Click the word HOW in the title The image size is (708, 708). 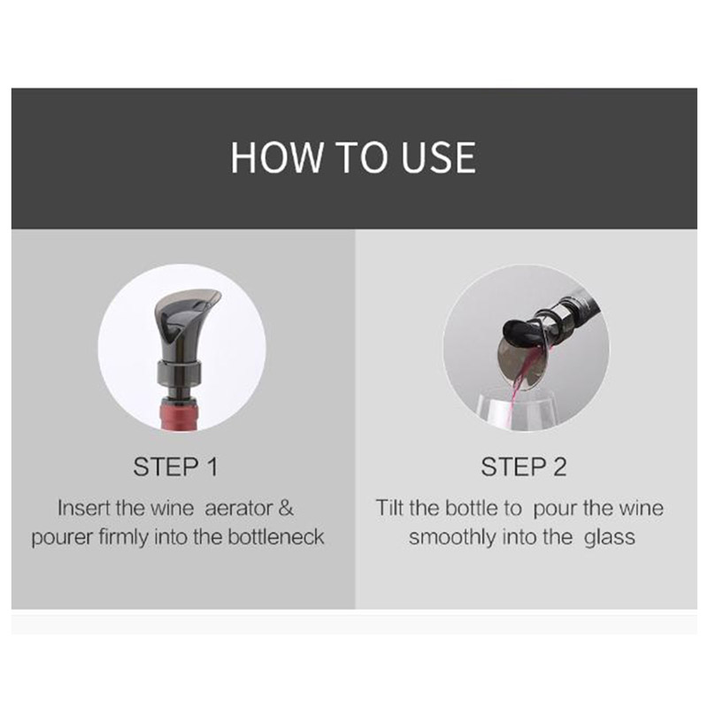pos(277,158)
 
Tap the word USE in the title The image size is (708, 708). pos(438,158)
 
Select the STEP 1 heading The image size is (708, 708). pos(175,466)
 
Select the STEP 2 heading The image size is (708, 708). pos(523,466)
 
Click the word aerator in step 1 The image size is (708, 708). pos(238,508)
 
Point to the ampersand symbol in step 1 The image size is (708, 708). pos(286,508)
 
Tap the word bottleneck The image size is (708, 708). pos(276,537)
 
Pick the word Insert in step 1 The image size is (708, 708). pos(84,508)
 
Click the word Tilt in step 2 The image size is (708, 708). pos(389,507)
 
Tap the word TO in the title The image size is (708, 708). pos(363,158)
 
